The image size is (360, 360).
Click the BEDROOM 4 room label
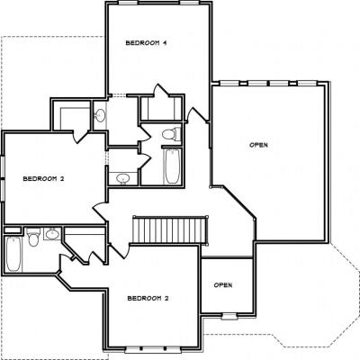[x=146, y=43]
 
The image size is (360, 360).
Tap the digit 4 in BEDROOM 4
[x=165, y=43]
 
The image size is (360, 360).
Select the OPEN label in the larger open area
[x=258, y=145]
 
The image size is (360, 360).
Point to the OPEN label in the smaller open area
[x=223, y=284]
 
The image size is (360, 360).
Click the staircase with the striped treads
[x=170, y=230]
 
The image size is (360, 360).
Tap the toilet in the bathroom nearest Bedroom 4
[x=171, y=134]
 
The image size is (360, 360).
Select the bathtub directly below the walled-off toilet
[x=173, y=166]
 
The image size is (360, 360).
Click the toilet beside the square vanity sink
[x=33, y=237]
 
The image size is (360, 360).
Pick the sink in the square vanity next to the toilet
[x=52, y=234]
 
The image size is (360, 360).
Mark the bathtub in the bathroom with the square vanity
[x=13, y=254]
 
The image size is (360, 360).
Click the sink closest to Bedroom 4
[x=100, y=114]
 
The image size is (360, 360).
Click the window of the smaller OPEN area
[x=229, y=316]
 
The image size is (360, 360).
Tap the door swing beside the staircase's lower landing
[x=119, y=251]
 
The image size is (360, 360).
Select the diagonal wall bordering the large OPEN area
[x=238, y=202]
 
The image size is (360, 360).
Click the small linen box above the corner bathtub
[x=13, y=230]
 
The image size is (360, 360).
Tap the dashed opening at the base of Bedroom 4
[x=117, y=96]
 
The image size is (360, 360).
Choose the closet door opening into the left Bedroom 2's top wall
[x=80, y=137]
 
